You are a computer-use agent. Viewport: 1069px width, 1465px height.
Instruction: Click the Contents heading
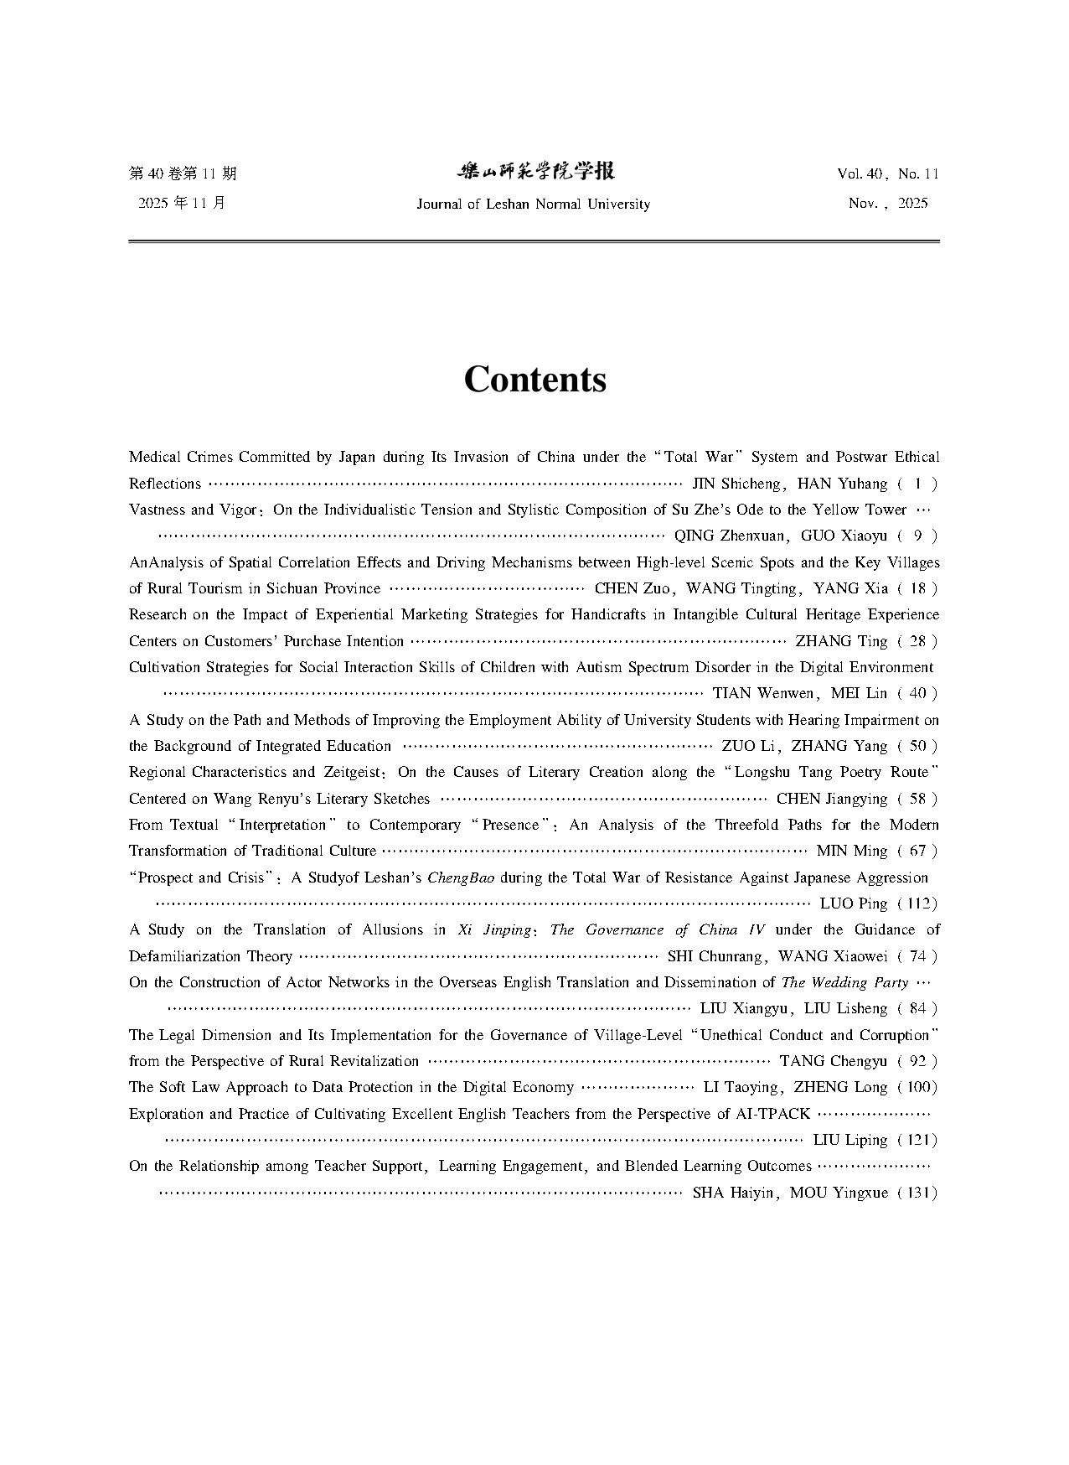click(534, 379)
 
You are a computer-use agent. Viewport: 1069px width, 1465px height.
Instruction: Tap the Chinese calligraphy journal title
click(534, 172)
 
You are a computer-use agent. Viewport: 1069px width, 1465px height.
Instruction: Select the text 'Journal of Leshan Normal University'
click(533, 204)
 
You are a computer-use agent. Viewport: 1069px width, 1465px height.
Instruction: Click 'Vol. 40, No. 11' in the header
click(887, 174)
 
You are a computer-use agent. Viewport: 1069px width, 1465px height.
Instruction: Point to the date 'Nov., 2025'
click(888, 204)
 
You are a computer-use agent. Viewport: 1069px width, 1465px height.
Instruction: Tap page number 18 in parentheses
click(917, 588)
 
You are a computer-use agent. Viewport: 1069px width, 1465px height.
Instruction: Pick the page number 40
click(917, 693)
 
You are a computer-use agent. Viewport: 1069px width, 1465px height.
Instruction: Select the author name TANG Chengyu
click(833, 1061)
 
